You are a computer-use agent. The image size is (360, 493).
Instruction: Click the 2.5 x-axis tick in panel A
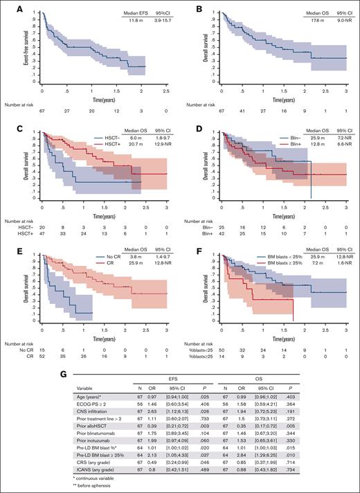(163, 91)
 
